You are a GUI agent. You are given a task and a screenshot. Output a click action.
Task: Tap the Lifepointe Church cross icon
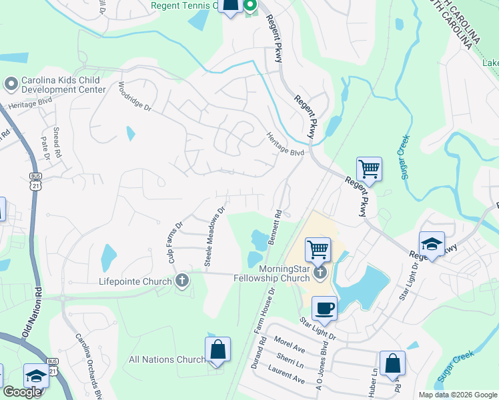pos(181,281)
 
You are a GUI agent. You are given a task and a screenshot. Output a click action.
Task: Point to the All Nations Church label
pos(167,360)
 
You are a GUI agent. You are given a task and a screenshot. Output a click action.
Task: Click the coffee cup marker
pos(324,308)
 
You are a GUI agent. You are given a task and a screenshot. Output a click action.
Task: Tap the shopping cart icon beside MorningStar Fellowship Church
pos(318,250)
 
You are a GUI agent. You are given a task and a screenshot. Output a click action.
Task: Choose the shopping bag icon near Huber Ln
pos(393,363)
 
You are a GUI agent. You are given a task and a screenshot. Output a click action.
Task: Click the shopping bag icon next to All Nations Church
pos(217,349)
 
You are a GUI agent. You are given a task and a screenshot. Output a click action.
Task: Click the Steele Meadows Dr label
pos(215,237)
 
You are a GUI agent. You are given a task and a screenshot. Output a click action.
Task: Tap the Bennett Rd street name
pos(276,229)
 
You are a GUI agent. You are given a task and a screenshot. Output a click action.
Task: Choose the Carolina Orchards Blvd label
pos(88,366)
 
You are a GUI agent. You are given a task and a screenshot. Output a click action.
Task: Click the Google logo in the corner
pos(22,392)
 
